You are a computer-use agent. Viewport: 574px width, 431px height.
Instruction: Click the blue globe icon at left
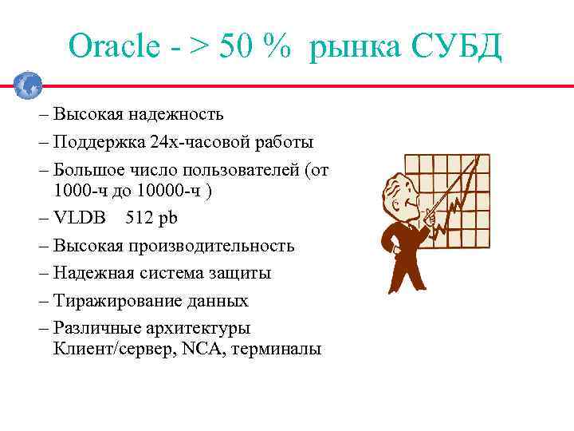click(28, 85)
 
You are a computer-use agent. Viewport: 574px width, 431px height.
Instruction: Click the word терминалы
click(276, 350)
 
